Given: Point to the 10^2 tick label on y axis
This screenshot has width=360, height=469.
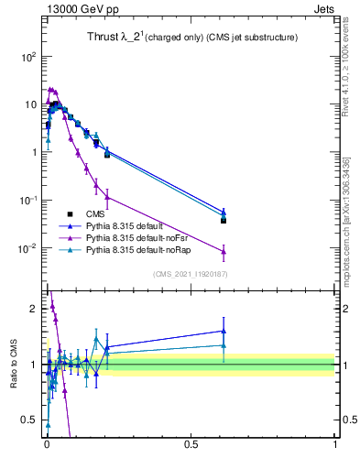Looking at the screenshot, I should [27, 57].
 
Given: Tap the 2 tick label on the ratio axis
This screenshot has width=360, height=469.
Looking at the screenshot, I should [34, 309].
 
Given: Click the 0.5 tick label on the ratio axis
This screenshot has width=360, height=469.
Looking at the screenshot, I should [28, 421].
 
